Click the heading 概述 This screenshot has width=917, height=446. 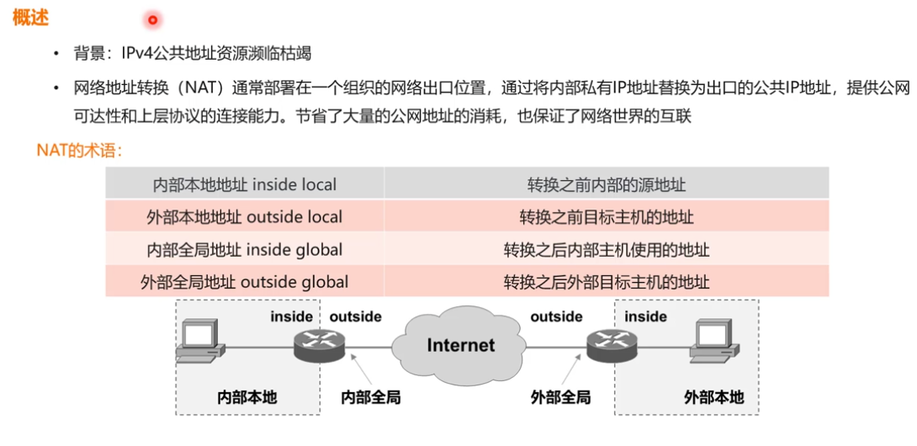pyautogui.click(x=30, y=18)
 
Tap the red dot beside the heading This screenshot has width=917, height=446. pyautogui.click(x=152, y=19)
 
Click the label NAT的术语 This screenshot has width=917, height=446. pyautogui.click(x=80, y=151)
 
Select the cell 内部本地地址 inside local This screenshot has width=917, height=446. pyautogui.click(x=245, y=184)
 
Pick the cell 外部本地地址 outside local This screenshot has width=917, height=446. pyautogui.click(x=245, y=217)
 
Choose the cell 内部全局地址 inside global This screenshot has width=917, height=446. pyautogui.click(x=245, y=250)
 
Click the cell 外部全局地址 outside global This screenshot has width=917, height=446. pyautogui.click(x=245, y=282)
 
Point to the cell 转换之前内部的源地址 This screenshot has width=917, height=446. pyautogui.click(x=607, y=184)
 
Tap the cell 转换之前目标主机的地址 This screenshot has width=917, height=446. pyautogui.click(x=607, y=217)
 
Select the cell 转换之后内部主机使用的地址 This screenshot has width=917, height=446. pyautogui.click(x=607, y=250)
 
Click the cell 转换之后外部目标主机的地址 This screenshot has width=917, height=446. pyautogui.click(x=607, y=282)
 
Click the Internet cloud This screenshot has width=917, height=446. pyautogui.click(x=460, y=344)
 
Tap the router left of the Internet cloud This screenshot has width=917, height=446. pyautogui.click(x=321, y=345)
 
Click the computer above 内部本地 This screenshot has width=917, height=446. pyautogui.click(x=199, y=343)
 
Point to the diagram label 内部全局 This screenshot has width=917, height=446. pyautogui.click(x=371, y=397)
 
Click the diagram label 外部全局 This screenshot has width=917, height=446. pyautogui.click(x=560, y=397)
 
